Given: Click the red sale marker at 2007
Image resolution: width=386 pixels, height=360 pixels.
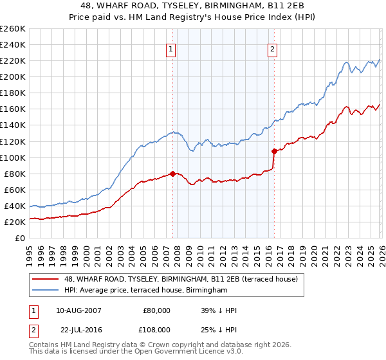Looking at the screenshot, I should click(x=172, y=174).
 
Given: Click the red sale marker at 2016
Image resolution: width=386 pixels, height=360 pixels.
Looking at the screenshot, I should click(x=274, y=151).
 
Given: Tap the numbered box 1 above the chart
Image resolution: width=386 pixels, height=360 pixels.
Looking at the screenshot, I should click(x=171, y=50).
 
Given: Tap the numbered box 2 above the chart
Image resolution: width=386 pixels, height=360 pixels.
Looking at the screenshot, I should click(x=273, y=50).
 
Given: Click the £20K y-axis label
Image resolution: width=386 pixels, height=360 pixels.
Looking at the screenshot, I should click(x=15, y=222).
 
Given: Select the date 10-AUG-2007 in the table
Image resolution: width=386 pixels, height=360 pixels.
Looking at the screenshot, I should click(x=78, y=310).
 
